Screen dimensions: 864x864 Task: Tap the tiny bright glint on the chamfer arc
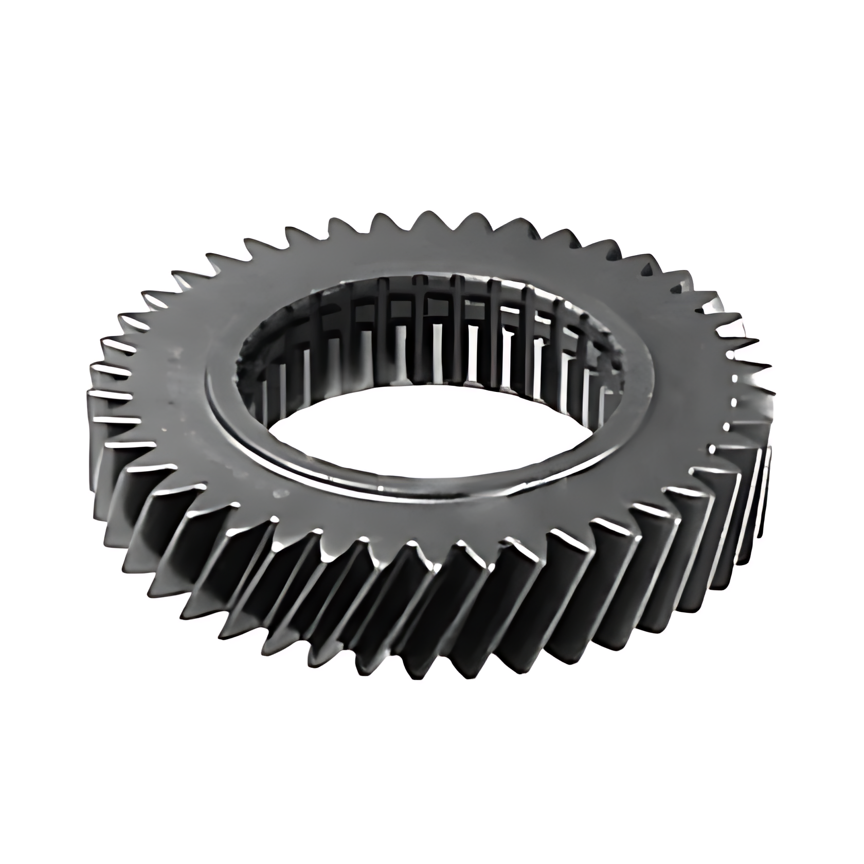(381, 488)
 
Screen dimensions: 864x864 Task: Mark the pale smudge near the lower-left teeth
(280, 493)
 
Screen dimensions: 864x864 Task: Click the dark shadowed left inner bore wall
(252, 370)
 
